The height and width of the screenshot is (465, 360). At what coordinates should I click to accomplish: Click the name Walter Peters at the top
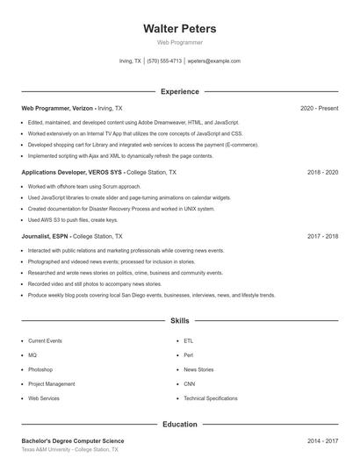(x=179, y=29)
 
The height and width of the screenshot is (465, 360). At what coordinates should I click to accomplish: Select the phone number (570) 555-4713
(x=164, y=61)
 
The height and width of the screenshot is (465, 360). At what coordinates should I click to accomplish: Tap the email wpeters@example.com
(x=214, y=61)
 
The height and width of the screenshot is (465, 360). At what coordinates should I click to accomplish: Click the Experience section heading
(x=179, y=91)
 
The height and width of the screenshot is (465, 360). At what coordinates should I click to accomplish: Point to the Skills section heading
(x=179, y=321)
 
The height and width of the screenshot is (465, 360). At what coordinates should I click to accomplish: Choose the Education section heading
(x=179, y=424)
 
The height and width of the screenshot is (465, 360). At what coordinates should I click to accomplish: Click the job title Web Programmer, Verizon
(x=57, y=108)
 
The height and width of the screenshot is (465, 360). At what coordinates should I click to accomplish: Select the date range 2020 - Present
(x=319, y=108)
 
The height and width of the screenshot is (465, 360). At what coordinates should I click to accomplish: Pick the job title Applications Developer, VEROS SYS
(x=73, y=173)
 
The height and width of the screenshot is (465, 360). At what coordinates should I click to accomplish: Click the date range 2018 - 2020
(x=322, y=173)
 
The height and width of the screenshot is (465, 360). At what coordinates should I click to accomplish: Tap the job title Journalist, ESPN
(x=47, y=237)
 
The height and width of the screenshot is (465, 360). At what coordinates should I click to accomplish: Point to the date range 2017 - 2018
(x=322, y=237)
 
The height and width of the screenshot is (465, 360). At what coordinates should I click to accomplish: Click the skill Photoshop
(x=40, y=369)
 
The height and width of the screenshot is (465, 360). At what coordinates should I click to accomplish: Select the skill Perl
(x=188, y=354)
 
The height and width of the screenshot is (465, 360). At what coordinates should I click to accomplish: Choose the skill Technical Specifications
(x=210, y=398)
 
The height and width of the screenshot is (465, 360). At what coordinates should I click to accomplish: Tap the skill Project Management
(x=51, y=383)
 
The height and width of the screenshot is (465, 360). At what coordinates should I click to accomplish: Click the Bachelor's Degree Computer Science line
(x=73, y=440)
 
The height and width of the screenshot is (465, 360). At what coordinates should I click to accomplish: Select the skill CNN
(x=189, y=383)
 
